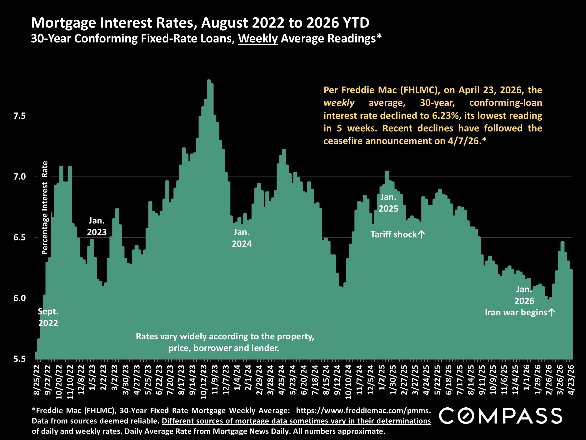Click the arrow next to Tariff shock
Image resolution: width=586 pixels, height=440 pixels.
coord(421,234)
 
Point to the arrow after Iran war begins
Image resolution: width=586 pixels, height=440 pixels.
coord(552,312)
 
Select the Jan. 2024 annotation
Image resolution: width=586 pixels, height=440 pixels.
coord(242,238)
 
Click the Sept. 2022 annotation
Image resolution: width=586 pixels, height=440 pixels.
coord(48,317)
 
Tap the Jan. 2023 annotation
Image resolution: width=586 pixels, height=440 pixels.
coord(97,226)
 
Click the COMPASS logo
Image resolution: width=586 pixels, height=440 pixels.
coord(501,416)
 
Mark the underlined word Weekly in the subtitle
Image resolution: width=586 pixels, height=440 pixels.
coord(258,39)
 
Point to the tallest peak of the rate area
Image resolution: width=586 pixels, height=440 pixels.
coord(209,80)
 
